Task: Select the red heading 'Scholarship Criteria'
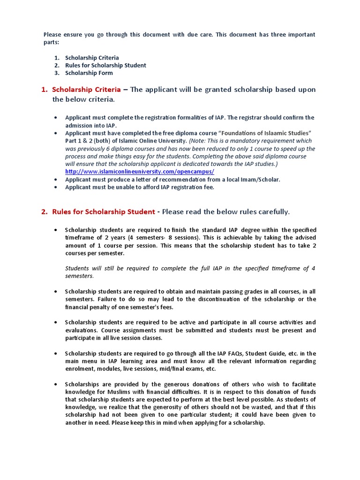86,90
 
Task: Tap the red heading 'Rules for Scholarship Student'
103,212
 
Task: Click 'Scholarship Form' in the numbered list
89,73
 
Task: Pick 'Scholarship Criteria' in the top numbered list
92,58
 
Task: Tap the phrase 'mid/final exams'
180,369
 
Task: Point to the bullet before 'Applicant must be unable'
56,187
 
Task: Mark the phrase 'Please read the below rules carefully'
226,212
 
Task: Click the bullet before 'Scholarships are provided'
56,384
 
